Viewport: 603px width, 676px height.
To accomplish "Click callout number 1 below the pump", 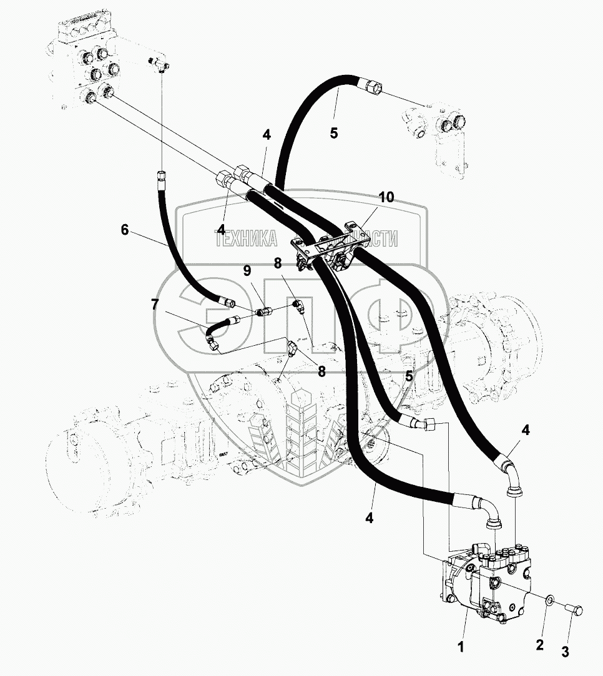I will [462, 647].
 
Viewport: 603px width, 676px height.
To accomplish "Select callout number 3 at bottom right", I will [564, 653].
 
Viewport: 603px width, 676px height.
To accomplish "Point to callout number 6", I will [125, 230].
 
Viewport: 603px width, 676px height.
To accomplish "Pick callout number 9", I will [247, 270].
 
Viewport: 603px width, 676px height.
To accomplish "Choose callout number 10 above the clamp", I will [386, 197].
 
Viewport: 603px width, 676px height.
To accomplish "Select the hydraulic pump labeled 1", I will [487, 580].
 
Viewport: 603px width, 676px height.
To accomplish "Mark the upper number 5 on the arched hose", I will [334, 133].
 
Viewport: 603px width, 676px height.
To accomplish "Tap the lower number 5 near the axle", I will [409, 376].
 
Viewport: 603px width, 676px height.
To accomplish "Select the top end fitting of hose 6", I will [161, 174].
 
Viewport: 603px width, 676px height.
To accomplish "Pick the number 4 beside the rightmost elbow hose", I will [526, 429].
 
